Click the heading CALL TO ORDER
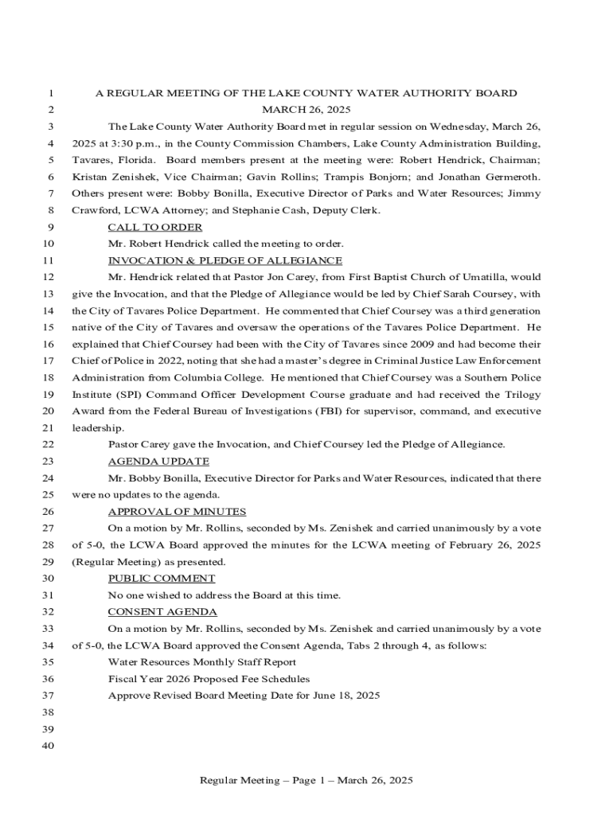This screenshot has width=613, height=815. [154, 228]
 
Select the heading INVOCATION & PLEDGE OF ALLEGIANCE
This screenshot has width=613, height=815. [225, 261]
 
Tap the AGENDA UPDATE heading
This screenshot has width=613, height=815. [158, 462]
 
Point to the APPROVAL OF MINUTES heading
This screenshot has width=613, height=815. [177, 512]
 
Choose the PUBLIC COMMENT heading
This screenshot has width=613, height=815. [161, 579]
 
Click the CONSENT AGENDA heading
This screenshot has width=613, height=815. [162, 612]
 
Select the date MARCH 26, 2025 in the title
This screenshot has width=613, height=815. [306, 110]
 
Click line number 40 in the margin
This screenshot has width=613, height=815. [47, 746]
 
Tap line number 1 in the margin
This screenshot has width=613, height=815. [49, 93]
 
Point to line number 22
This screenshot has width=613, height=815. [47, 445]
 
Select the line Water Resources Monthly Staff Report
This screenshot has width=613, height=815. [202, 662]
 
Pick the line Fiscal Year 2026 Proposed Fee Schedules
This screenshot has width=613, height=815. [209, 679]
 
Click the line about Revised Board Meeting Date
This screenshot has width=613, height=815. [244, 696]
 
